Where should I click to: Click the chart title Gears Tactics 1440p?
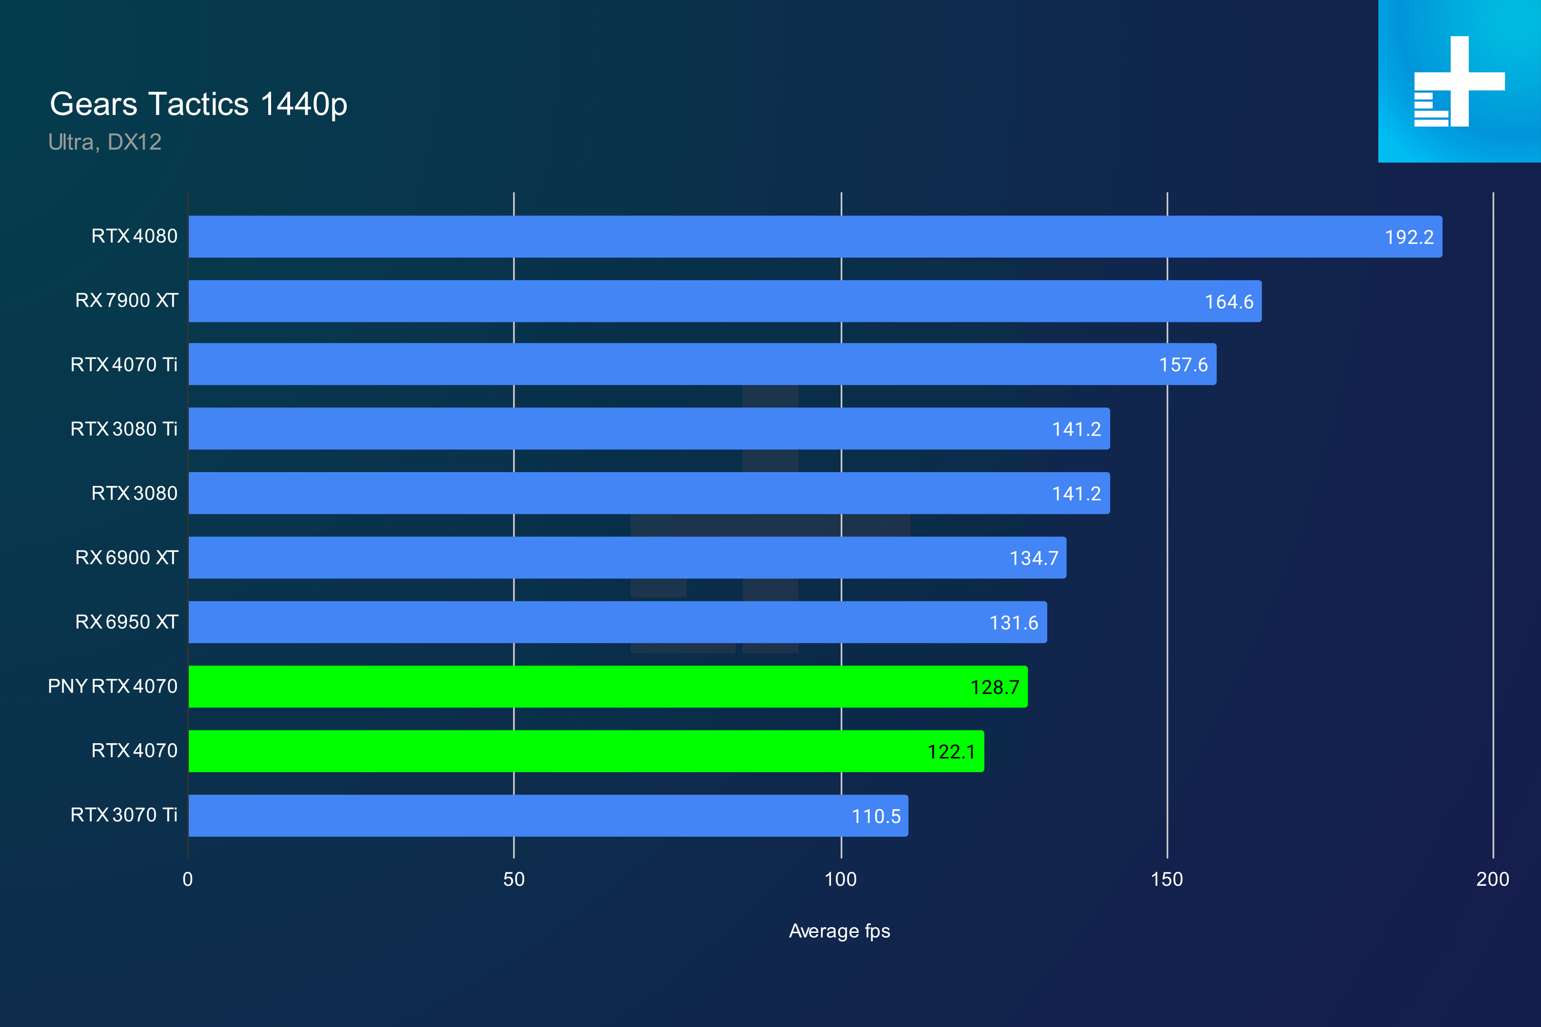tap(198, 104)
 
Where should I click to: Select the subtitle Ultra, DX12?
tap(105, 142)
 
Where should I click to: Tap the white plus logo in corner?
tap(1459, 81)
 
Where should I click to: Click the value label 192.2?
tap(1409, 237)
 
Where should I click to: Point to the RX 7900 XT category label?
tap(127, 300)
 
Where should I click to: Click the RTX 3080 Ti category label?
tap(124, 429)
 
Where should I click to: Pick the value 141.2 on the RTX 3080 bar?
tap(1076, 494)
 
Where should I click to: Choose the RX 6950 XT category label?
tap(127, 622)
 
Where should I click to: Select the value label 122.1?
tap(951, 751)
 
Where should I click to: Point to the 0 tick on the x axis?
tap(188, 879)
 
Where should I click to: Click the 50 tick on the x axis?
tap(514, 879)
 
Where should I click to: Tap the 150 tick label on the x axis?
tap(1166, 879)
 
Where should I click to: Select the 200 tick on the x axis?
tap(1492, 879)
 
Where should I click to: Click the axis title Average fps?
tap(839, 931)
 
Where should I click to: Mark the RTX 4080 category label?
tap(134, 236)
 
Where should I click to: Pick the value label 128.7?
tap(994, 687)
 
